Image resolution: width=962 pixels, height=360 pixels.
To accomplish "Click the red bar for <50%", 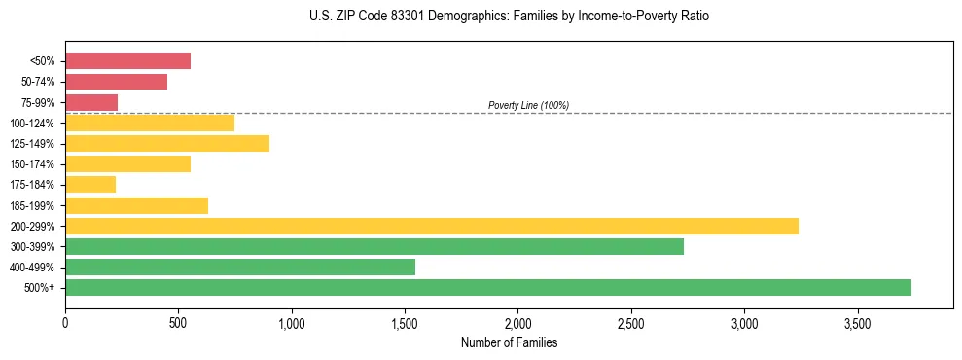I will coord(127,61).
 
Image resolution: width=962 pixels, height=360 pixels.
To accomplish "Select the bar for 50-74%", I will coord(116,82).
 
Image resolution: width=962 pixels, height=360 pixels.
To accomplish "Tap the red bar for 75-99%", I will coord(91,102).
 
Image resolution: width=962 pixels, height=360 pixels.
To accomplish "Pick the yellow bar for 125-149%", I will coord(167,143).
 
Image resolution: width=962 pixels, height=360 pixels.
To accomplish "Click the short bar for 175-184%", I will coord(90,185).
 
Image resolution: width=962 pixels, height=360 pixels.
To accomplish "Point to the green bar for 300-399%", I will coord(374,246).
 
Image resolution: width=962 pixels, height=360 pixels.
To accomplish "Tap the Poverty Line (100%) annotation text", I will coord(528,105).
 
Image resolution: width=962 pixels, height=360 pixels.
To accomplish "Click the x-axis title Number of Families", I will coord(509,342).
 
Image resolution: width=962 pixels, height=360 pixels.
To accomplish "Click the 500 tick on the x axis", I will coord(178,321).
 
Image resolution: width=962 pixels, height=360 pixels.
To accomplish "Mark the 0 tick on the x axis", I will coord(65,321).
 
